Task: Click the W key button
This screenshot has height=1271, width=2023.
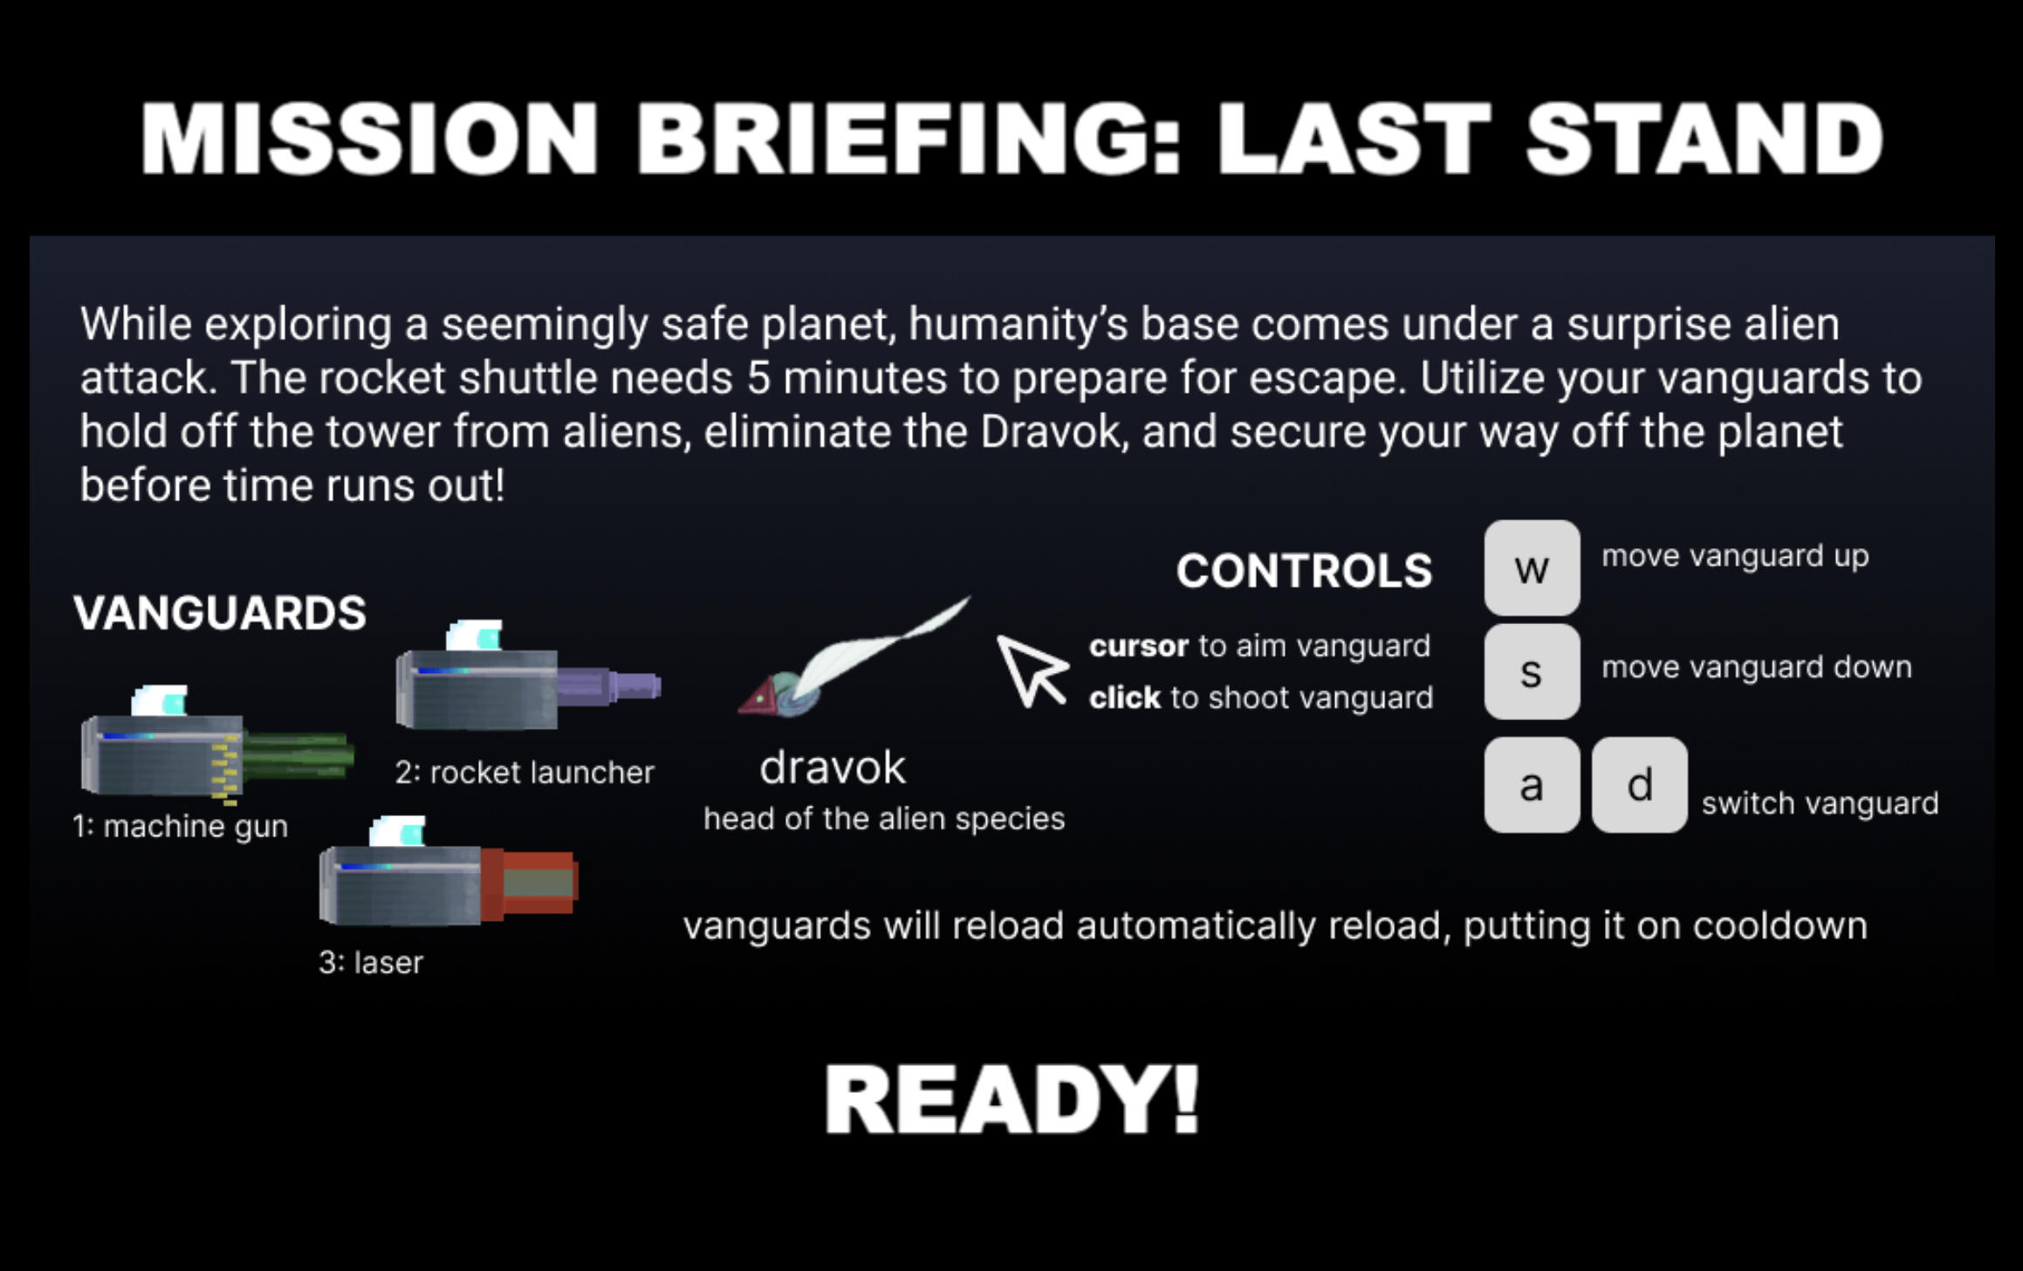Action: tap(1532, 568)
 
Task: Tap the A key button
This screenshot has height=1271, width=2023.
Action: tap(1532, 785)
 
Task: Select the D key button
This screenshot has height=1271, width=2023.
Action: tap(1639, 785)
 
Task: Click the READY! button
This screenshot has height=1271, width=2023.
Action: tap(1011, 1099)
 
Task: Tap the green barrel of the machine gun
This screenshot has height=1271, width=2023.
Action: tap(298, 755)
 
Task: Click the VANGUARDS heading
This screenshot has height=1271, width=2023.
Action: tap(220, 613)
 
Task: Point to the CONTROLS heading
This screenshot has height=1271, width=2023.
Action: tap(1304, 571)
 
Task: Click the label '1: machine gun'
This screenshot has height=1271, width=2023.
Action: tap(180, 826)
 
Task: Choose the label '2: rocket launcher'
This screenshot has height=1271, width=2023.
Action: tap(524, 773)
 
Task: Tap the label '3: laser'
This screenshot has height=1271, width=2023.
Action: tap(371, 962)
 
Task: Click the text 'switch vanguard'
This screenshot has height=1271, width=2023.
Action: tap(1820, 803)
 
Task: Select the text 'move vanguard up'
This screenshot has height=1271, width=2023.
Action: tap(1735, 556)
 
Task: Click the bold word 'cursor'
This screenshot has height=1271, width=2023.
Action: tap(1139, 646)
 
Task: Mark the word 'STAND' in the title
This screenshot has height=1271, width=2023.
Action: tap(1704, 139)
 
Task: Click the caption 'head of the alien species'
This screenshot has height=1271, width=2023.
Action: tap(884, 819)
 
